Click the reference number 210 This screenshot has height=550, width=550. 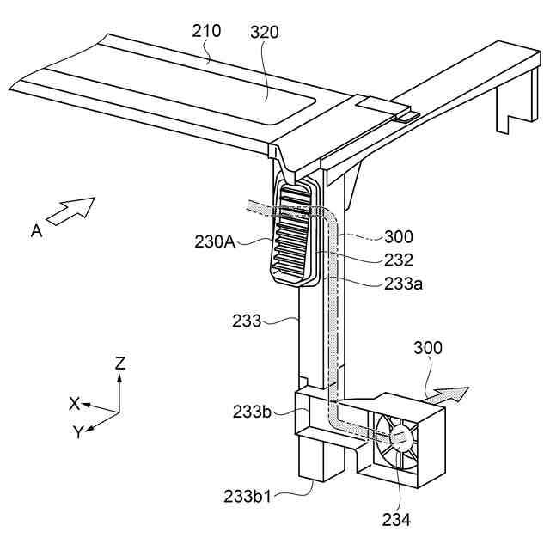point(206,33)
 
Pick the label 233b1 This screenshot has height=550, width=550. point(248,496)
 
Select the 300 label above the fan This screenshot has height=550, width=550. point(428,348)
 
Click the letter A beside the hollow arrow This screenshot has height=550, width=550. point(35,230)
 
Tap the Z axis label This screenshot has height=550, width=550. point(120,363)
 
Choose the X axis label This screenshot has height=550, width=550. point(75,403)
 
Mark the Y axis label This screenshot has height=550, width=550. point(78,432)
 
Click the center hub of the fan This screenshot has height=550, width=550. point(400,437)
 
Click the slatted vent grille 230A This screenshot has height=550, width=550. point(292,233)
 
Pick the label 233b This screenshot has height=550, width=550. point(253,412)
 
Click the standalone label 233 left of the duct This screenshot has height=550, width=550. point(247,321)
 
